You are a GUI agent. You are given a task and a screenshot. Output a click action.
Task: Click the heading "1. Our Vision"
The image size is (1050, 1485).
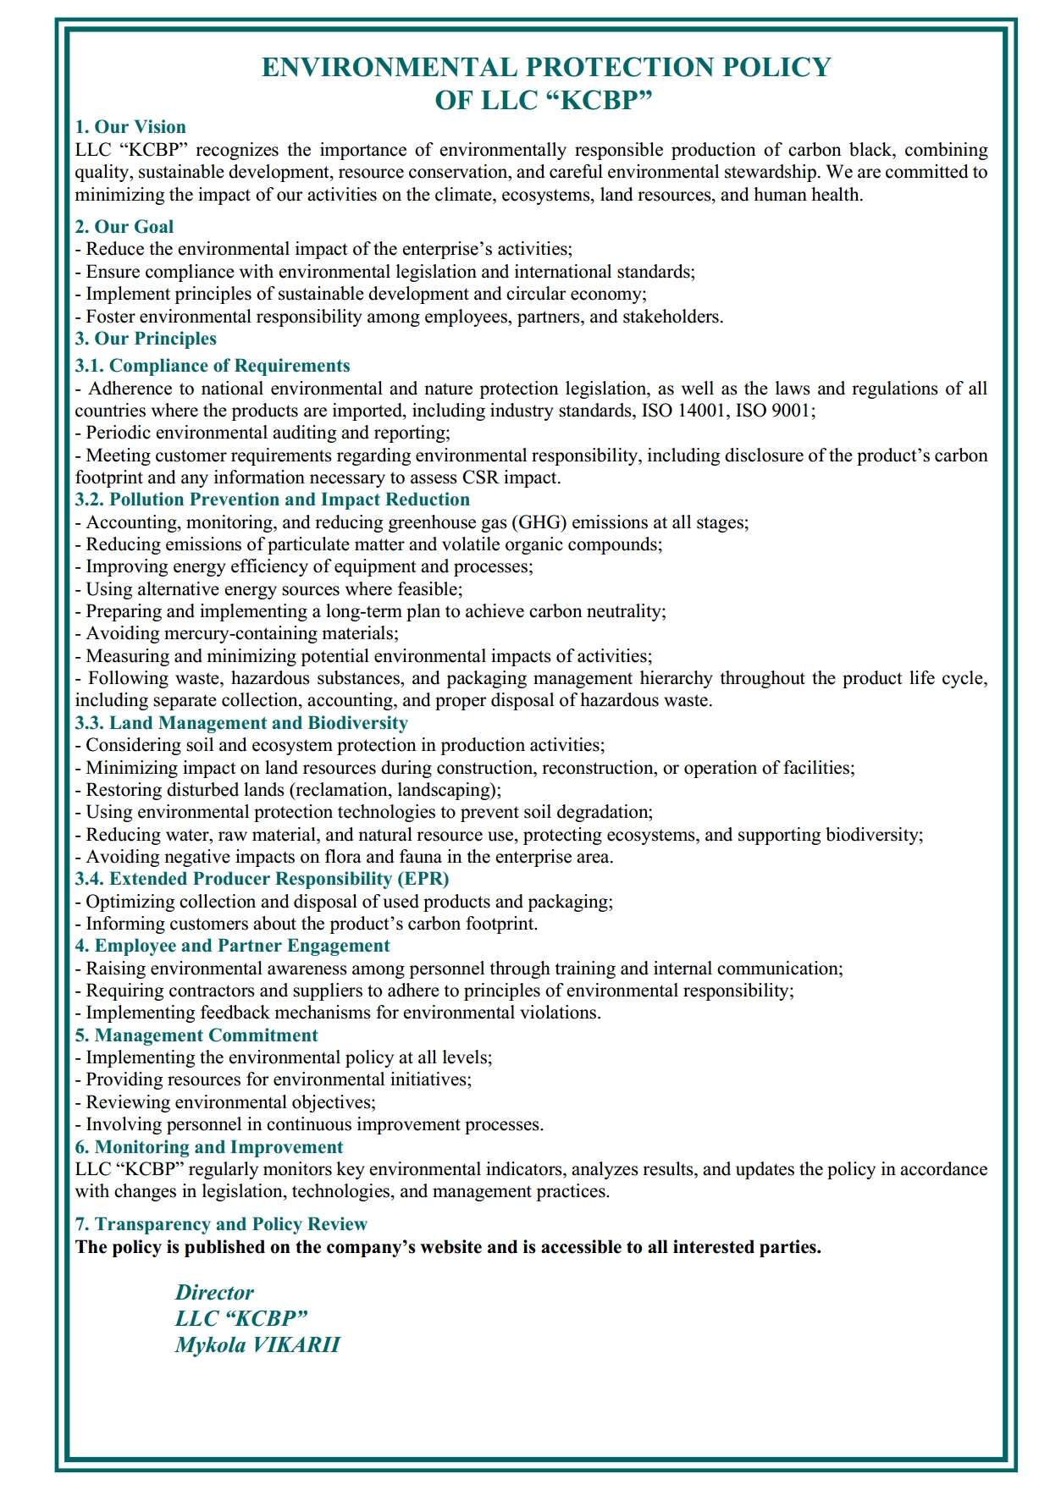(130, 127)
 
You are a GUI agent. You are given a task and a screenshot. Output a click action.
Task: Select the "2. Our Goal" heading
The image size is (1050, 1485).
(124, 227)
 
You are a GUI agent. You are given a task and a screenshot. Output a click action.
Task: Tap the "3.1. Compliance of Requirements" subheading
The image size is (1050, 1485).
(213, 366)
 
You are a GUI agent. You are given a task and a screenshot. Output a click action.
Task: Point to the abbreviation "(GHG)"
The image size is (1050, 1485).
(539, 522)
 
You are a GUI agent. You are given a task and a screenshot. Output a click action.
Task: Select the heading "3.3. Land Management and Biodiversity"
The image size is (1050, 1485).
(241, 723)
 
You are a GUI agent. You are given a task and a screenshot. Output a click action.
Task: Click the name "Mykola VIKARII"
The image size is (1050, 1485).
(257, 1345)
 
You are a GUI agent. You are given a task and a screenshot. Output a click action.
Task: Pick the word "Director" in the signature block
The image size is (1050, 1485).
(214, 1293)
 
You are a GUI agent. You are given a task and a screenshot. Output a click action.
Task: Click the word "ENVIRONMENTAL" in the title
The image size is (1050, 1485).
(389, 68)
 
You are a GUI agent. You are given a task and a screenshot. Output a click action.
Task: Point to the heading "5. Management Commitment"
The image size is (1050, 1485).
(196, 1035)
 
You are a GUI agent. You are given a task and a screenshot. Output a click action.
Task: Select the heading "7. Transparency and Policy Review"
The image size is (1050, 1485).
(221, 1224)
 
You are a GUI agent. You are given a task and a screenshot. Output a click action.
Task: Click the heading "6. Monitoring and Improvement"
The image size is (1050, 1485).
(209, 1147)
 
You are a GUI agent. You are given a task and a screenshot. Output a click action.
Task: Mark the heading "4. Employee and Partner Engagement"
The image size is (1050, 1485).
(233, 946)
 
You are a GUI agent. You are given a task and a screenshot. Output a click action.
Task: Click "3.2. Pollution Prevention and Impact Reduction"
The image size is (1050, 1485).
(273, 500)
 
